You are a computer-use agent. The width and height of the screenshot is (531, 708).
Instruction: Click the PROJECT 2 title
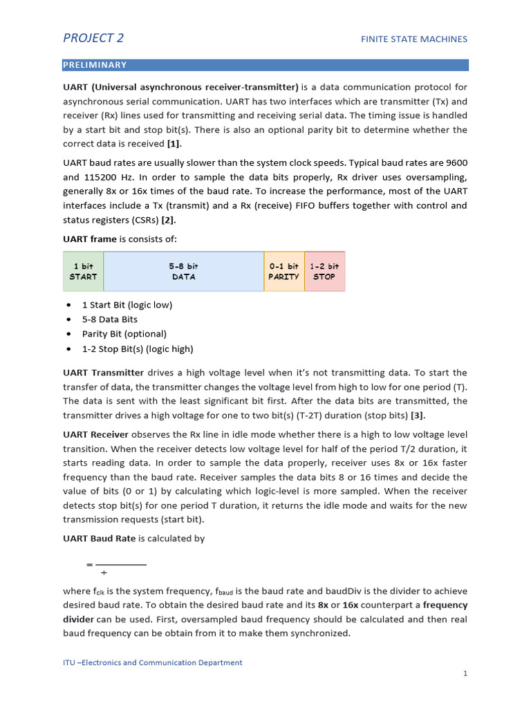click(93, 38)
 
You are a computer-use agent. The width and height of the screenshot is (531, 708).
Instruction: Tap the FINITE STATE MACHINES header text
click(413, 39)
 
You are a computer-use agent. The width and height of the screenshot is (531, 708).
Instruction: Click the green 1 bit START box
click(83, 271)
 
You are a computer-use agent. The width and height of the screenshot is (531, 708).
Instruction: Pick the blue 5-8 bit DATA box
click(183, 271)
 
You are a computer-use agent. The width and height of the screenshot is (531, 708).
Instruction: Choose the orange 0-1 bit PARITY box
click(283, 271)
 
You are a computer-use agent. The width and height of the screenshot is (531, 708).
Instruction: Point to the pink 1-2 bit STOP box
click(324, 271)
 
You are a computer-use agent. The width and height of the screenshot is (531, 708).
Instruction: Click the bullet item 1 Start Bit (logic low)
click(127, 305)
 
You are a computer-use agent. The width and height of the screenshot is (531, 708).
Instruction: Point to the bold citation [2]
click(168, 220)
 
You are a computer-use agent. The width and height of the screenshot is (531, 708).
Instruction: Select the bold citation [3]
click(418, 416)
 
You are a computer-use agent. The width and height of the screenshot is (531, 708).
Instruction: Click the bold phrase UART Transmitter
click(103, 373)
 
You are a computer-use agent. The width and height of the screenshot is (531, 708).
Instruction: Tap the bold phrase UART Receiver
click(95, 434)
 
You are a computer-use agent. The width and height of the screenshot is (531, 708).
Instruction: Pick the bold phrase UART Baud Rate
click(99, 539)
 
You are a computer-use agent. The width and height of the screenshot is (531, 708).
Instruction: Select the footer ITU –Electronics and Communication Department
click(152, 662)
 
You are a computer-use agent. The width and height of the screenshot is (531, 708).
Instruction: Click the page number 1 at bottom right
click(465, 673)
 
